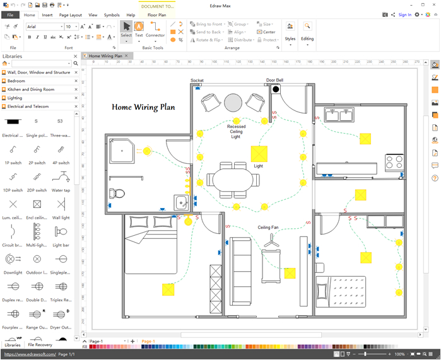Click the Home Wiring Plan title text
tap(143, 107)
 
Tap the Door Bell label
tap(274, 81)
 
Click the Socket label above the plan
tap(197, 81)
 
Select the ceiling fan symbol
tap(271, 240)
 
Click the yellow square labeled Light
tap(259, 154)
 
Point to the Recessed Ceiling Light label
tap(236, 131)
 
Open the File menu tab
tap(11, 15)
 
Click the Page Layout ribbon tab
tap(71, 15)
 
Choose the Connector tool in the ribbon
tap(155, 29)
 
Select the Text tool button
tap(139, 29)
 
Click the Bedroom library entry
tap(16, 81)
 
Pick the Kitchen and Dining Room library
tap(30, 90)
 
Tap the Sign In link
tap(405, 15)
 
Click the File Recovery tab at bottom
tap(40, 345)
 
